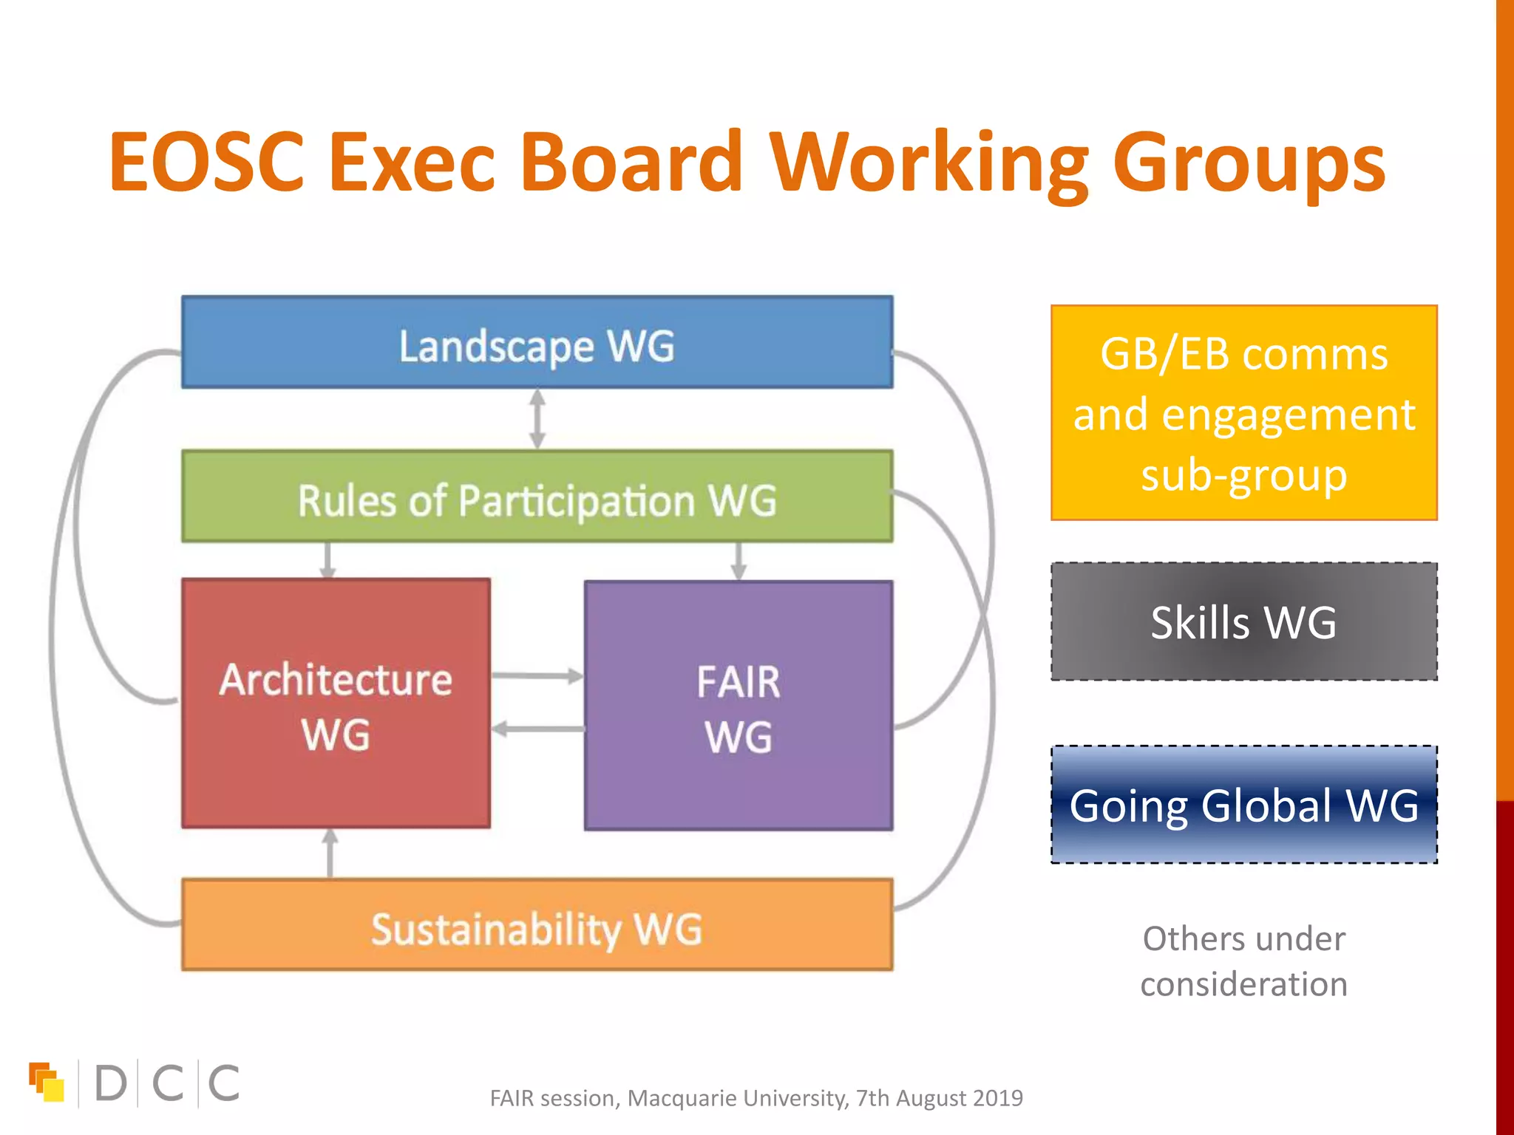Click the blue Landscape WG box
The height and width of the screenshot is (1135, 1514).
point(537,342)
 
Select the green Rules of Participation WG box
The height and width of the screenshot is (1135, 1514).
point(537,497)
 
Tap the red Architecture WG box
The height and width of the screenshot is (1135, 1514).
point(336,703)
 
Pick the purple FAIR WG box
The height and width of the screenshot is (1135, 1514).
point(738,706)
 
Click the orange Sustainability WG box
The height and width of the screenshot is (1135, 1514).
point(537,925)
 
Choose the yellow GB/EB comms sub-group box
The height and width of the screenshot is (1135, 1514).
point(1243,412)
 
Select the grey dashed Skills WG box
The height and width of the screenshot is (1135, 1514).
point(1243,621)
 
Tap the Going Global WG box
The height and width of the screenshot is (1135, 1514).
point(1243,805)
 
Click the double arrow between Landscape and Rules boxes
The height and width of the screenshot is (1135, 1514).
point(537,419)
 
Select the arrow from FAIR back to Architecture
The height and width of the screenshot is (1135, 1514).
point(537,729)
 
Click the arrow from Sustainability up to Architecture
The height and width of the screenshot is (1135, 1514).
point(330,853)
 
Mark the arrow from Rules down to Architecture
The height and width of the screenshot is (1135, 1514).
point(328,560)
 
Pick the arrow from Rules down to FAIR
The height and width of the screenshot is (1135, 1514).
point(738,562)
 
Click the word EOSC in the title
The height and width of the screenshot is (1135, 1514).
point(206,162)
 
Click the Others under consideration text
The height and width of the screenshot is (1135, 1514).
point(1243,961)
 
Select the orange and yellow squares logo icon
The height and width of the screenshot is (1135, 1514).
point(46,1082)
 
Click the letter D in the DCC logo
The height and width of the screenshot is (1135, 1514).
point(111,1083)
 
